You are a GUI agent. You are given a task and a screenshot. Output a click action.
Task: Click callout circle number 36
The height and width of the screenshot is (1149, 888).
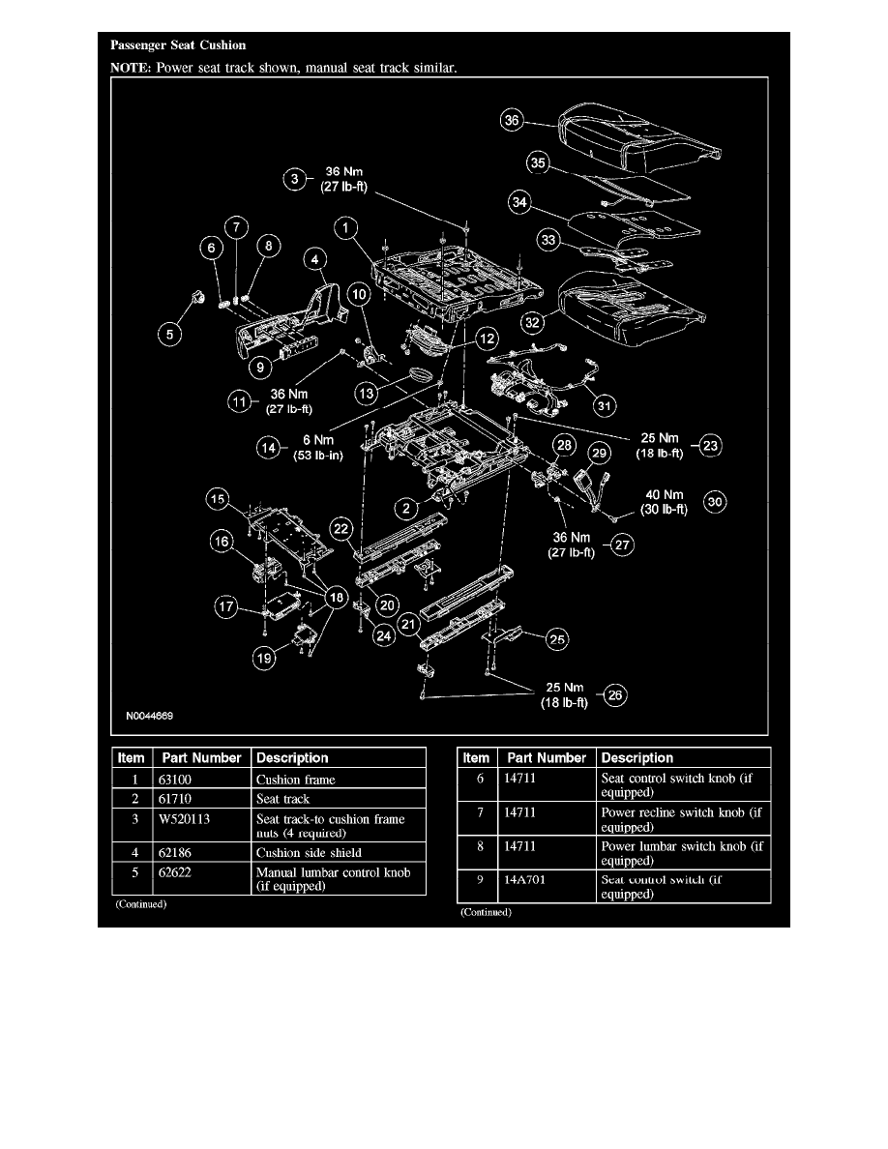pyautogui.click(x=512, y=121)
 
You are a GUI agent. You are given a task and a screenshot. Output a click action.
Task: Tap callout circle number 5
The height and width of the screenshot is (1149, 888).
pyautogui.click(x=169, y=335)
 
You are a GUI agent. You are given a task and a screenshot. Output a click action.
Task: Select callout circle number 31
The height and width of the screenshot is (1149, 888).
pyautogui.click(x=607, y=403)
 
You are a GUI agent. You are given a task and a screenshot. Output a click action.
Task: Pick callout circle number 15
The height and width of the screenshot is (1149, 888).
pyautogui.click(x=218, y=499)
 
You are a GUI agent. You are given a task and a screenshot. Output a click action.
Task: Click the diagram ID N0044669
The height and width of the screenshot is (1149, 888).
pyautogui.click(x=148, y=718)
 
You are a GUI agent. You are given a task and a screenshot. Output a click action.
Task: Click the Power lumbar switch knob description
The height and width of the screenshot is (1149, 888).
pyautogui.click(x=682, y=853)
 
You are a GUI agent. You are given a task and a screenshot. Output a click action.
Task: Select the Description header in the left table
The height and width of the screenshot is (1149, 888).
pyautogui.click(x=292, y=758)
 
